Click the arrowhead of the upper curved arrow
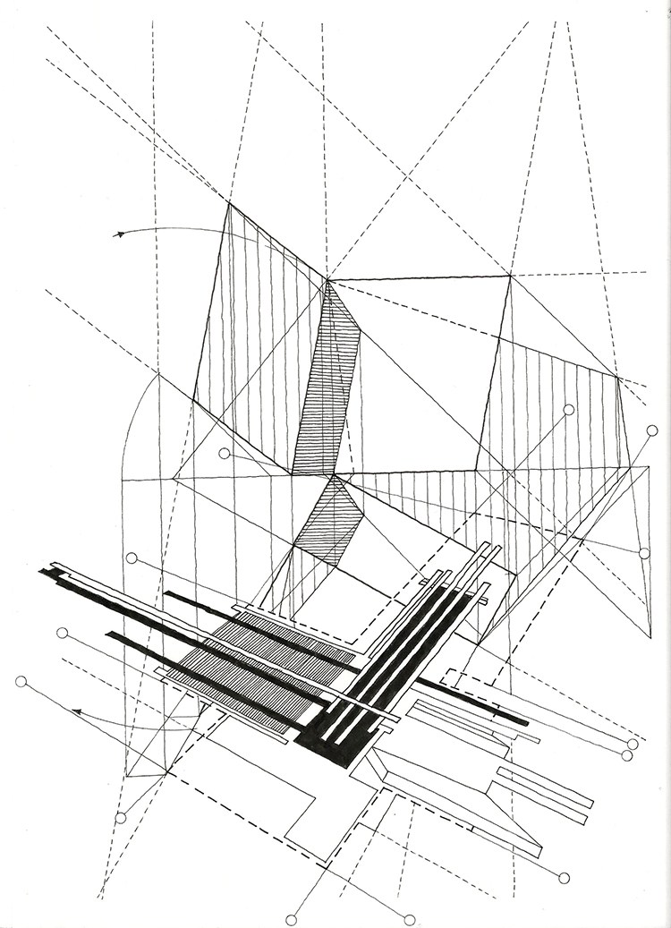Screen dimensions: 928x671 coord(117,234)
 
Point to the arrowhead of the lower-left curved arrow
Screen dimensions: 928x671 coord(77,712)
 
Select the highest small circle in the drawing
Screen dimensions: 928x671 coord(568,410)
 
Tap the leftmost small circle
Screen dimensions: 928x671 coord(21,682)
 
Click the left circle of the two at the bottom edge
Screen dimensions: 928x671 coord(291,919)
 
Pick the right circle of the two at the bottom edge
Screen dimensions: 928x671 coord(409,919)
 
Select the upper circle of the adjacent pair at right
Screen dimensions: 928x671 coord(633,744)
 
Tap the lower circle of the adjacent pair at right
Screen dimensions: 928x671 coord(626,755)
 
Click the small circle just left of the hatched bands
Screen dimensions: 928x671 coord(224,454)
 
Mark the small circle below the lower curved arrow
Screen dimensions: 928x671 coord(121,818)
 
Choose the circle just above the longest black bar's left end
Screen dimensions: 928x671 coord(132,558)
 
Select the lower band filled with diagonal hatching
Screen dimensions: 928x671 coord(326,524)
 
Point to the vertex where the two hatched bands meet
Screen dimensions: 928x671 coord(335,475)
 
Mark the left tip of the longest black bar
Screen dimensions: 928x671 coord(41,570)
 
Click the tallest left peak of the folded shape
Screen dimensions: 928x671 coord(229,204)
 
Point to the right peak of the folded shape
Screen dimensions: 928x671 coord(510,276)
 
